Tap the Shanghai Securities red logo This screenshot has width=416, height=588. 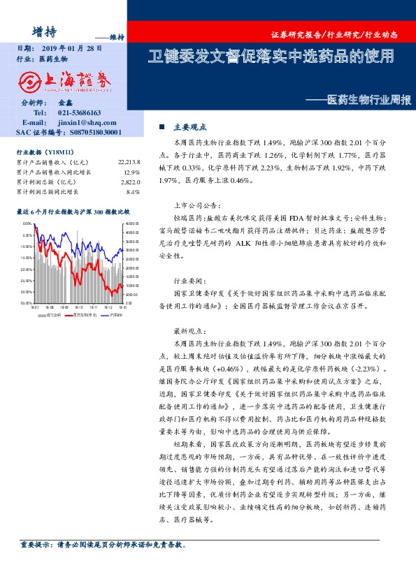[x=68, y=81]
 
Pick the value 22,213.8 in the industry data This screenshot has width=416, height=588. [x=129, y=162]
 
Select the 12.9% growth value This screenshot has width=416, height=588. [x=131, y=171]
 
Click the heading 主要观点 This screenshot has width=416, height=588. [x=189, y=127]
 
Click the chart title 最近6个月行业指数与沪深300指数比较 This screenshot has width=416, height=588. [x=73, y=210]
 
